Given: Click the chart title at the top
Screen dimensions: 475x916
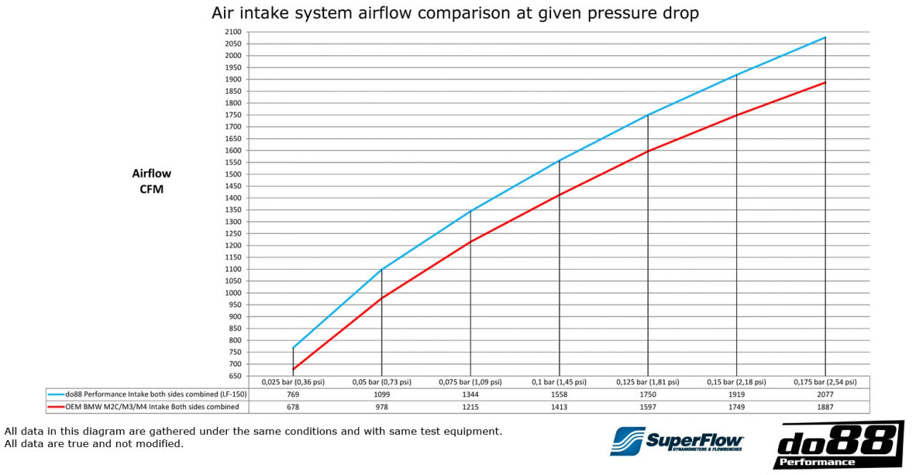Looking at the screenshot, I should click(455, 13).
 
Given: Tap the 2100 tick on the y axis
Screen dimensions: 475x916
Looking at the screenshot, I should click(233, 31).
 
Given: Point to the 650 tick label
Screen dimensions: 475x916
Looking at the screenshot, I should click(234, 376).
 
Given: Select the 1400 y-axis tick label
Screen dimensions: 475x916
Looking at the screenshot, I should click(233, 198).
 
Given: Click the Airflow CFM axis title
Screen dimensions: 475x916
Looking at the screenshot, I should click(152, 181).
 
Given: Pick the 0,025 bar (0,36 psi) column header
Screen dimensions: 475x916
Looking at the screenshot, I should click(293, 382).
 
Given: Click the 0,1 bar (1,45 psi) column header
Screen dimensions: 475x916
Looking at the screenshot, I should click(559, 382).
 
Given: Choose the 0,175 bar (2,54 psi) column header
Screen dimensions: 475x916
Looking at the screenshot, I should click(825, 382).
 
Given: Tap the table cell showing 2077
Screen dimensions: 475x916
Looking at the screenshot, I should click(825, 394).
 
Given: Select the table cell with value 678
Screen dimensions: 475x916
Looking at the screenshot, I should click(293, 406).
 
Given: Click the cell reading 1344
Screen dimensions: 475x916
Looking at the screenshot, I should click(470, 394).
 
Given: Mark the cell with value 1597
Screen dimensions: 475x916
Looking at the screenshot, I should click(648, 406).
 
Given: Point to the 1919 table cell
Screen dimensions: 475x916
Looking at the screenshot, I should click(736, 394).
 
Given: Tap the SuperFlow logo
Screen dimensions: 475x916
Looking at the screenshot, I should click(677, 441).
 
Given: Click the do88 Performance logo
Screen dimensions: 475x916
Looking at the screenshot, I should click(838, 444).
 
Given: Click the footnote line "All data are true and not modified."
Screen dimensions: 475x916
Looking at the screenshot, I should click(94, 444).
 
